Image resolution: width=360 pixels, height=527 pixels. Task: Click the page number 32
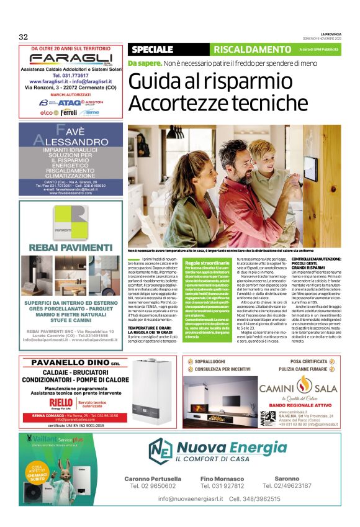pos(24,36)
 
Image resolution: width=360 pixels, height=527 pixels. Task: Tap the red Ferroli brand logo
pos(68,112)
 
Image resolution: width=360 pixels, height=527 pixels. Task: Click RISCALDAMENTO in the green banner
pos(247,49)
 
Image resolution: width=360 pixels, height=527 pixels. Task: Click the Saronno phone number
pos(287,485)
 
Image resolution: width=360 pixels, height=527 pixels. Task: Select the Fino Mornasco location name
pos(222,479)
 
